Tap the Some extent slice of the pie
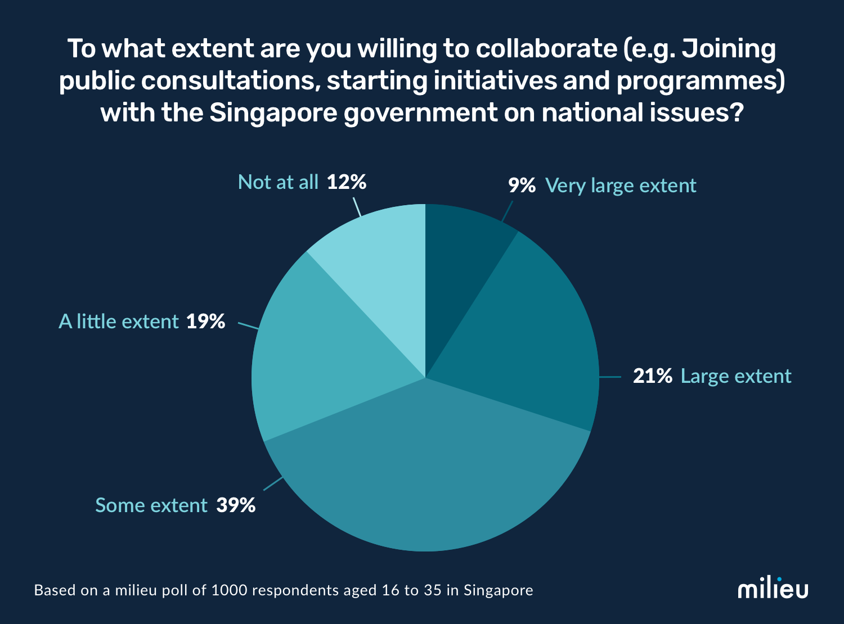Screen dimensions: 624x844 pos(428,478)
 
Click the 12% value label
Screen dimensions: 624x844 pos(347,182)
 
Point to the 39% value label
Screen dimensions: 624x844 pos(236,505)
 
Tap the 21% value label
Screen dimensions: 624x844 pos(652,376)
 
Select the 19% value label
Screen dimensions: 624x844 pos(205,322)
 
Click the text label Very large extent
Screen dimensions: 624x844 pos(621,186)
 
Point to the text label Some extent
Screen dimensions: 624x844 pos(151,505)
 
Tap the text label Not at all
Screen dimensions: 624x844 pos(278,182)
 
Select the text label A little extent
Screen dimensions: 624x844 pos(119,322)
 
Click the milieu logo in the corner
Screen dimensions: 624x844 pos(773,589)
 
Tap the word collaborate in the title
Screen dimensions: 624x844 pos(546,49)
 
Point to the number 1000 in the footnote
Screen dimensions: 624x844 pos(227,590)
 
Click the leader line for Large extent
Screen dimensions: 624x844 pos(610,377)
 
